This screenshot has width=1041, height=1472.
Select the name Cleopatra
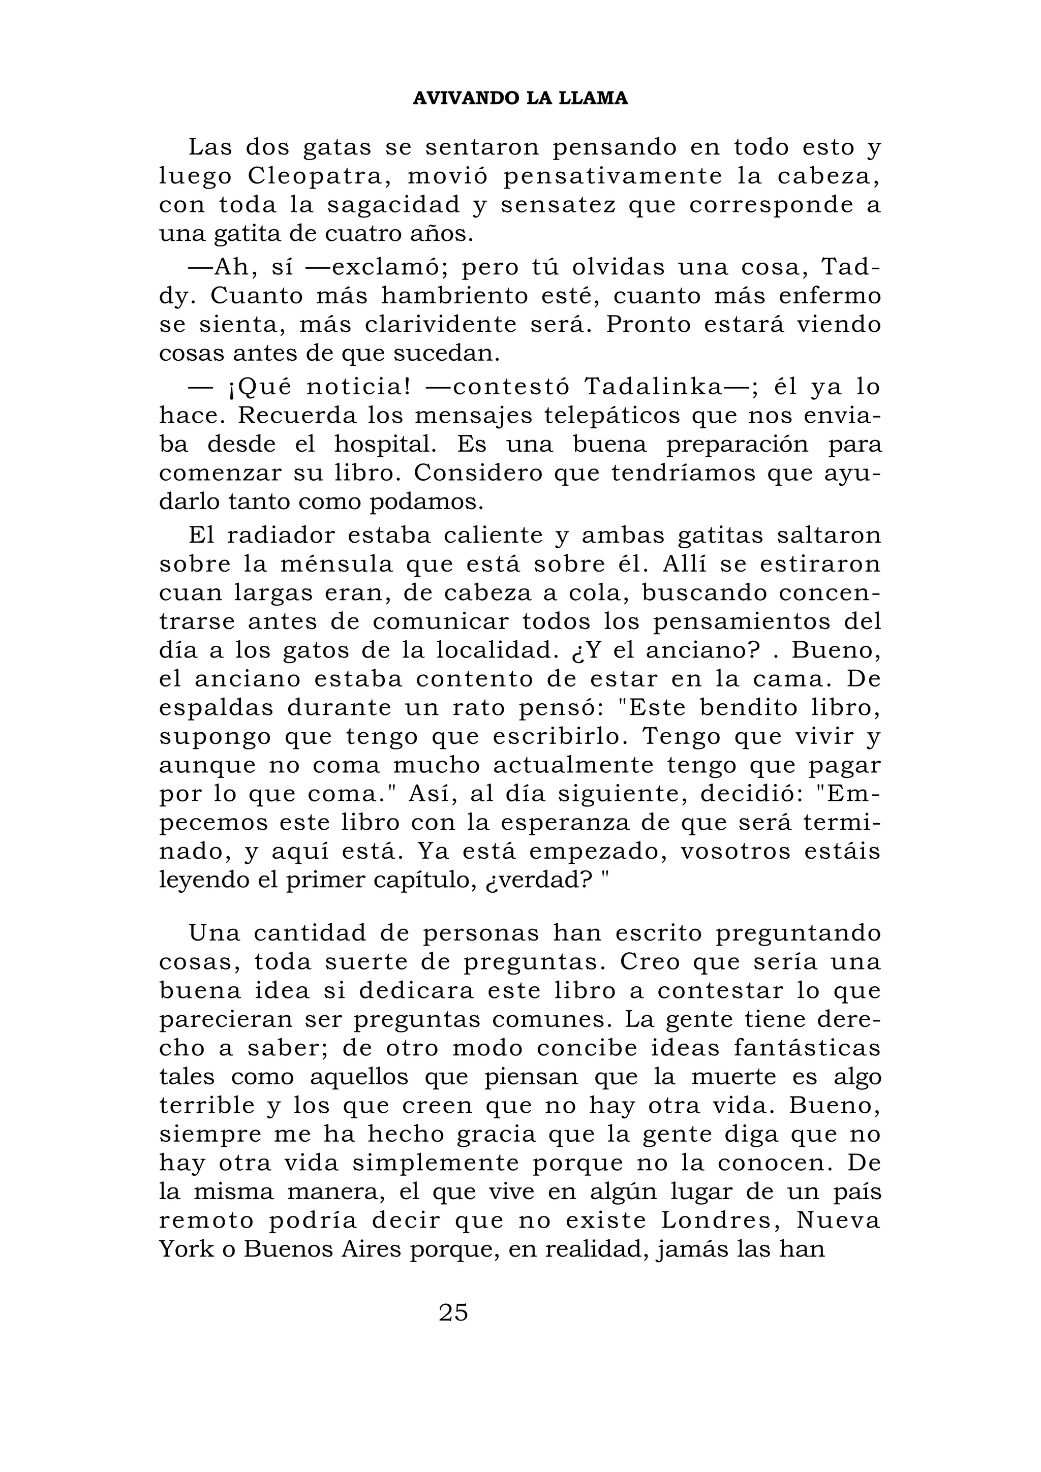coord(318,176)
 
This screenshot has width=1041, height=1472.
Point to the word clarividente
coord(441,325)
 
